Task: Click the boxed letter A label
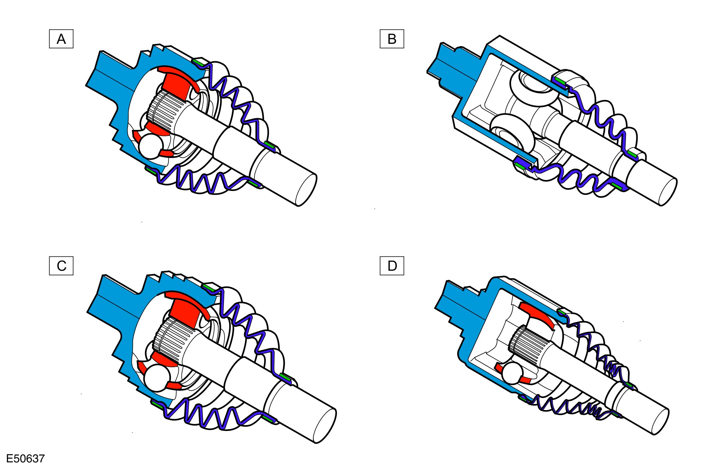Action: tap(61, 39)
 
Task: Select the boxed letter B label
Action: tap(392, 39)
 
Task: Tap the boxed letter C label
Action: tap(61, 266)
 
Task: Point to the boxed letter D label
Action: tap(392, 266)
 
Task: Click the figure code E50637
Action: tap(25, 459)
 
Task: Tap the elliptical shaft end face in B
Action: tap(668, 192)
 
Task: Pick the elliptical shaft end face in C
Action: tap(325, 426)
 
